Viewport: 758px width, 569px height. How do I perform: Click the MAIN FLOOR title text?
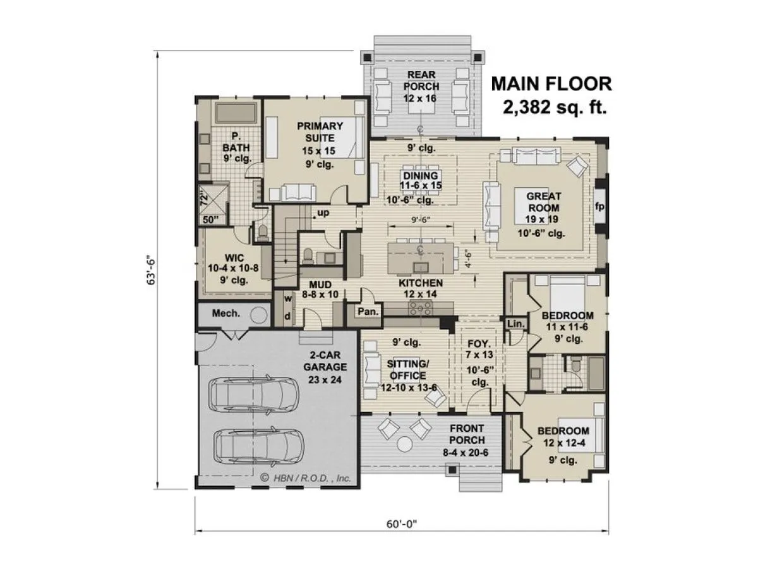[551, 84]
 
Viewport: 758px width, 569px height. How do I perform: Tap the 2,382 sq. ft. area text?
[555, 107]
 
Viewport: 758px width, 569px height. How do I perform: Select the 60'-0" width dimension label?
[402, 523]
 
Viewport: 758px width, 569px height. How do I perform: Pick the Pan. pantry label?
[368, 312]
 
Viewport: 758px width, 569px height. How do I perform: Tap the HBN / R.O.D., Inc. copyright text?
[306, 479]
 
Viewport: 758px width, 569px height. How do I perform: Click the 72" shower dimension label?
[204, 199]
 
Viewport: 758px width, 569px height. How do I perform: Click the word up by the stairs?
[323, 213]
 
